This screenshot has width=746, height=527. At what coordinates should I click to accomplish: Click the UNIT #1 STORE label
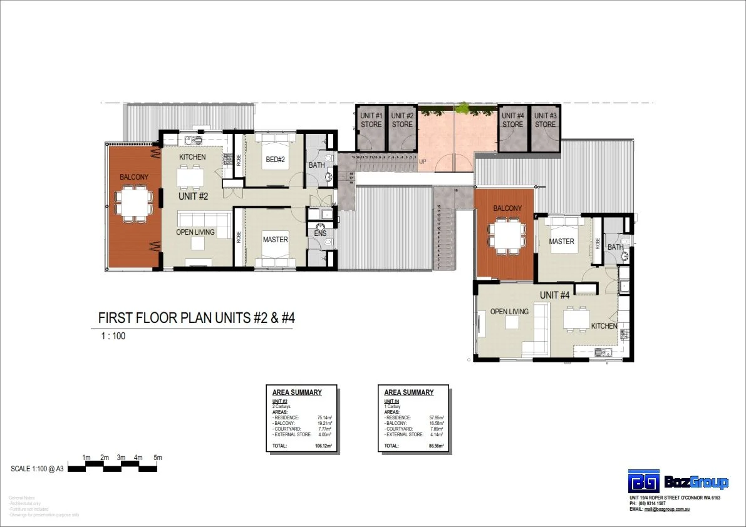(371, 120)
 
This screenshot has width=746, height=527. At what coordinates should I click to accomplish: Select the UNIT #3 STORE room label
(545, 120)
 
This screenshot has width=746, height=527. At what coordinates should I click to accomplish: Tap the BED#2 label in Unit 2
(275, 160)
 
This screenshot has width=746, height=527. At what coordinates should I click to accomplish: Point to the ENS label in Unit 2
(320, 233)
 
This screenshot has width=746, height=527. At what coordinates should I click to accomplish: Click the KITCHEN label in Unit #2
(192, 156)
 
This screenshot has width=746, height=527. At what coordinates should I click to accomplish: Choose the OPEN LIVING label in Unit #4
(509, 312)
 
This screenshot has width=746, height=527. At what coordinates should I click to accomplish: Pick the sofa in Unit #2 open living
(204, 220)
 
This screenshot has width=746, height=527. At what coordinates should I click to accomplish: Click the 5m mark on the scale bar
(158, 458)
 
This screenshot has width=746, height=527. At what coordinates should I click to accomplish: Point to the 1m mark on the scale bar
(86, 458)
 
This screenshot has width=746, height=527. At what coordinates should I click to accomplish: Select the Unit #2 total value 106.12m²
(323, 446)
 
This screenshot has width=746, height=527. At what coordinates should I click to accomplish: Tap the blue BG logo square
(644, 481)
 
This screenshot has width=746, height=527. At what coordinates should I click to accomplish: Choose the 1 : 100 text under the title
(113, 336)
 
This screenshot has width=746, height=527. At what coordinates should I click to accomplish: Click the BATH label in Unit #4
(615, 247)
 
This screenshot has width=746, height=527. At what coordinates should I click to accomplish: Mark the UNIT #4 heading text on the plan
(555, 295)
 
